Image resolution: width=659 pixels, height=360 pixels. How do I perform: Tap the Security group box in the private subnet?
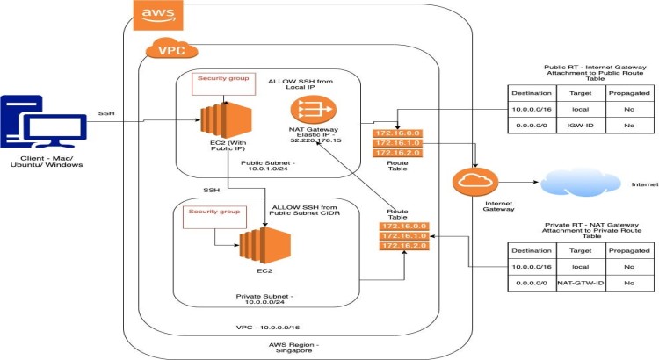pyautogui.click(x=211, y=215)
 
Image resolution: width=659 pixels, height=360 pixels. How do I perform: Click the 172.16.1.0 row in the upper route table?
pyautogui.click(x=397, y=142)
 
